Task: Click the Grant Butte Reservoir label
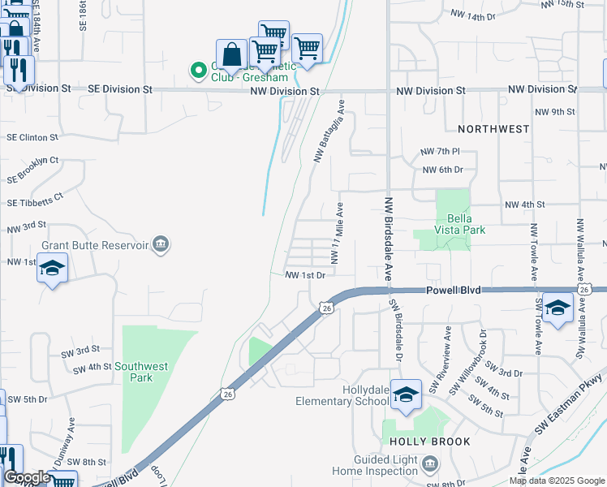pos(106,244)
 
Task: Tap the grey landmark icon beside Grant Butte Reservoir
pos(161,244)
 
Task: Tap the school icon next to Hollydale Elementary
pos(406,394)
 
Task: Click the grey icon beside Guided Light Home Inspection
pos(430,464)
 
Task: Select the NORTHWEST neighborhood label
pos(493,129)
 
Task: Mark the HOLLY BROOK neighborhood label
pos(429,442)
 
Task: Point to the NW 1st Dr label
pos(305,275)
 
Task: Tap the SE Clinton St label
pos(32,138)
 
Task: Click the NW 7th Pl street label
pos(440,152)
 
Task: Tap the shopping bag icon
pos(231,54)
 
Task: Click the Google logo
pos(27,477)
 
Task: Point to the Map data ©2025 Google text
pos(556,481)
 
